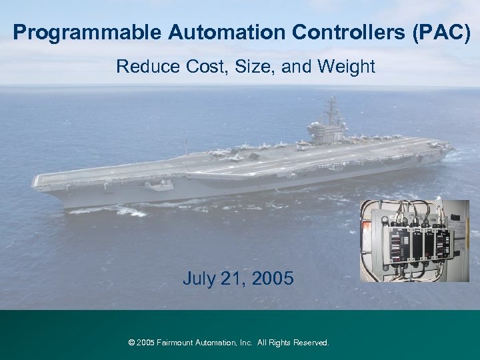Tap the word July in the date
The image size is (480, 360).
[199, 279]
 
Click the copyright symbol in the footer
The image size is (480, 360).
[131, 343]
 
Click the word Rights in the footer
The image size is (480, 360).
[279, 343]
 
